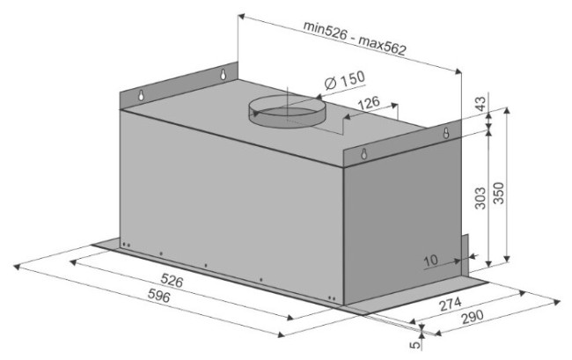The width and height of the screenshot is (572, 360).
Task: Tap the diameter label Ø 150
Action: coord(344,80)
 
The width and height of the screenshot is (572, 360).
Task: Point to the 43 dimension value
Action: coord(480,104)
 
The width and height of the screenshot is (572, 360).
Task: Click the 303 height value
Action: coord(480,198)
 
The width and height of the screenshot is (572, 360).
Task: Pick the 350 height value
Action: coord(498,193)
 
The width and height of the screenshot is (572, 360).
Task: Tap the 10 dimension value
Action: coord(431,261)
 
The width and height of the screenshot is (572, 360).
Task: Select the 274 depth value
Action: coord(451,305)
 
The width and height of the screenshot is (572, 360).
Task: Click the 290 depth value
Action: coord(472,318)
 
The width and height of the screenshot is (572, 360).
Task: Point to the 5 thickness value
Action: coord(415,344)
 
